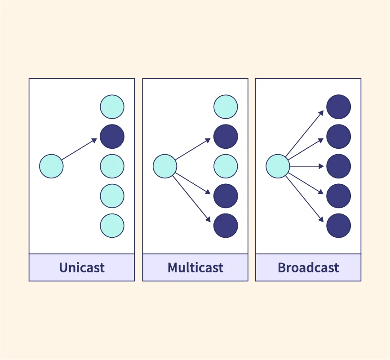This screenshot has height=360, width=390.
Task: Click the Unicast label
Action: click(82, 268)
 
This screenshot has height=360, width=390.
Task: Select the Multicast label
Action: click(195, 268)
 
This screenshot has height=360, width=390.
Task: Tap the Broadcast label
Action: click(308, 268)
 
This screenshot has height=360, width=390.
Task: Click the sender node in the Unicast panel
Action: click(51, 166)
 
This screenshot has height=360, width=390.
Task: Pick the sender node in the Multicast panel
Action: click(165, 166)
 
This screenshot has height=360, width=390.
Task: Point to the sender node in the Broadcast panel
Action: click(278, 166)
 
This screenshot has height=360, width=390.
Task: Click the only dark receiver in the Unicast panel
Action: click(112, 137)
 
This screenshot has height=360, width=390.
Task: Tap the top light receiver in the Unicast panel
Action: click(112, 107)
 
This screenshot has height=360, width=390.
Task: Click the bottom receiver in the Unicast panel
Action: click(112, 226)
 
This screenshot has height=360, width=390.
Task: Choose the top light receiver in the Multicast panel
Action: click(226, 107)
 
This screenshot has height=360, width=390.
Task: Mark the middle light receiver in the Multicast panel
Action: click(226, 166)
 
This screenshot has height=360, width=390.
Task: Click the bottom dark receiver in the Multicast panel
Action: click(226, 226)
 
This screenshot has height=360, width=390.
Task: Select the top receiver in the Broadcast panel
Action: click(338, 107)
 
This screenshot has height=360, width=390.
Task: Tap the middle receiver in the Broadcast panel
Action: click(338, 166)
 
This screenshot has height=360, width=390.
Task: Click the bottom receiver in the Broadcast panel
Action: click(338, 226)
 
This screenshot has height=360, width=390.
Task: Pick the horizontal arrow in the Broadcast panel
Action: click(306, 166)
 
